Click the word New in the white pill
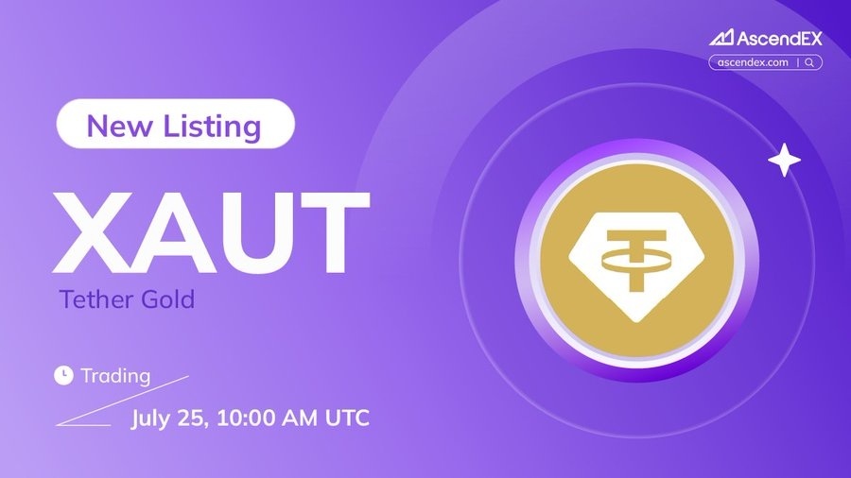[119, 126]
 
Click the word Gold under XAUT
[167, 299]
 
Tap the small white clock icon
[63, 375]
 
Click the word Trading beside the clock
[115, 376]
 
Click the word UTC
[347, 418]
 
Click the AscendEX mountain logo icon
[721, 38]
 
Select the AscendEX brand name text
[779, 38]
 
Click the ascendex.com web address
[753, 62]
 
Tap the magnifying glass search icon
[809, 62]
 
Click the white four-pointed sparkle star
[784, 160]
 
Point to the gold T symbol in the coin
[636, 260]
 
